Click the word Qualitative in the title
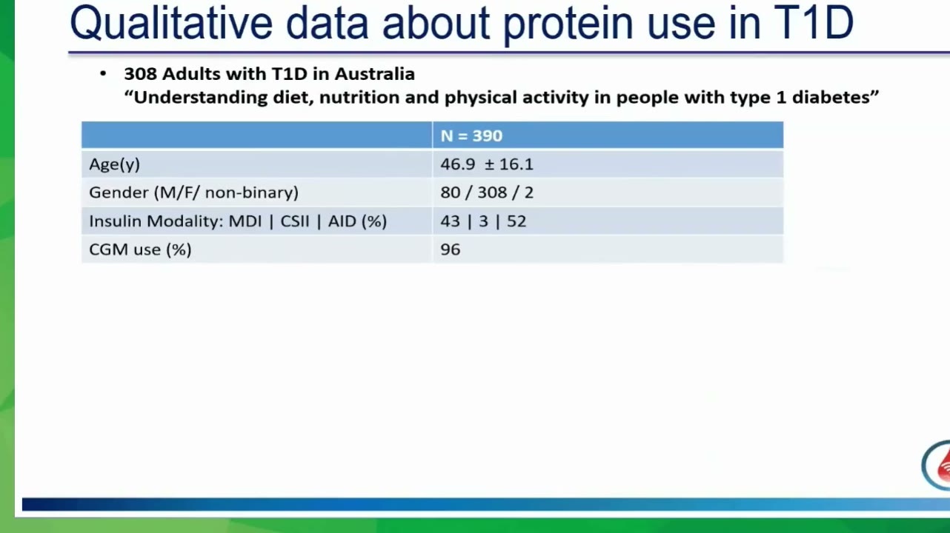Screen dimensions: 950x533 (170, 23)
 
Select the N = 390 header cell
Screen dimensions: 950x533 (471, 135)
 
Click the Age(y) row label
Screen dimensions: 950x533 (114, 164)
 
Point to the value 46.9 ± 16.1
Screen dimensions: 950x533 (486, 164)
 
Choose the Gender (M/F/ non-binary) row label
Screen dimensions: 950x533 (193, 192)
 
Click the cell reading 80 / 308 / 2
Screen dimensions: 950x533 (486, 192)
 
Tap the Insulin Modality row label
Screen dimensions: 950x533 (237, 221)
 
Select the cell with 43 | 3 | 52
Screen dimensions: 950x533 (483, 221)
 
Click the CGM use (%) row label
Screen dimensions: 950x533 (140, 249)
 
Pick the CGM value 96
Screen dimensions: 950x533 (450, 249)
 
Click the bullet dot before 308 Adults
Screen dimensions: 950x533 (103, 74)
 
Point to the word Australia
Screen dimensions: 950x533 (374, 74)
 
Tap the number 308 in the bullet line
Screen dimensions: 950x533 (140, 74)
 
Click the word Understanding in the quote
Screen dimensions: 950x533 (200, 98)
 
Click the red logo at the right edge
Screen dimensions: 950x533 (937, 465)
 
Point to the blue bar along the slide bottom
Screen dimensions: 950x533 (486, 504)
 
